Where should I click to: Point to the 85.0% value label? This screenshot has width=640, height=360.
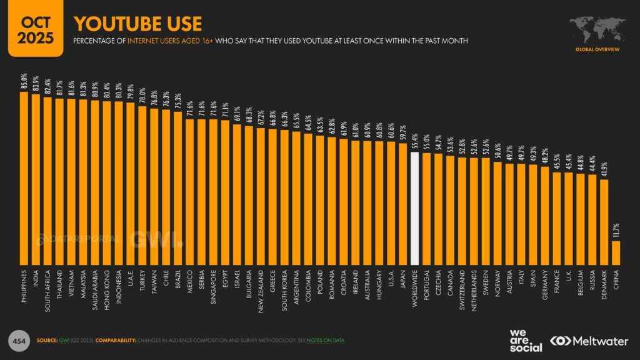point(24,82)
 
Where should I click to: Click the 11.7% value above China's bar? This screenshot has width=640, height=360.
point(616,231)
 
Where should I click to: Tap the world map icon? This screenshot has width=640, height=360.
point(598,27)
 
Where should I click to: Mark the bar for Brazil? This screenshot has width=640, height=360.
point(177,187)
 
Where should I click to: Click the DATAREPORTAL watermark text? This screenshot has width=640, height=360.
point(82,238)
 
